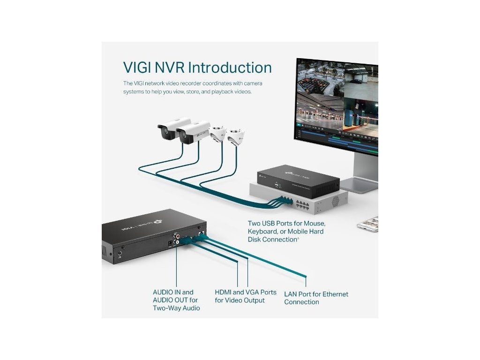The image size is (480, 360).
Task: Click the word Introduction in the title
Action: [x=230, y=67]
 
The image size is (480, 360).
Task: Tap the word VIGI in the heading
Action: [x=138, y=67]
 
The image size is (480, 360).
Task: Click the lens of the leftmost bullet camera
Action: [x=165, y=134]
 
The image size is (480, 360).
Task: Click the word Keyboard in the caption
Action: [x=264, y=232]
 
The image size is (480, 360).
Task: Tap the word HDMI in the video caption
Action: [x=223, y=292]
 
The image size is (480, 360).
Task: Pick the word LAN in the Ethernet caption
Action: [x=292, y=294]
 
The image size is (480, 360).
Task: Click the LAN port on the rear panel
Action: [x=201, y=232]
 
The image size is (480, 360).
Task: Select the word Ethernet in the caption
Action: [x=333, y=294]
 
